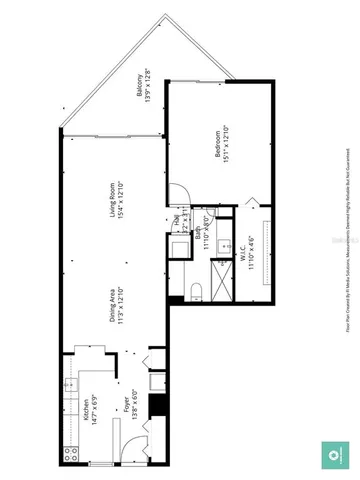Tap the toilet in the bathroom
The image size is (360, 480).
[196, 289]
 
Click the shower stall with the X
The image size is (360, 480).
[221, 273]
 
